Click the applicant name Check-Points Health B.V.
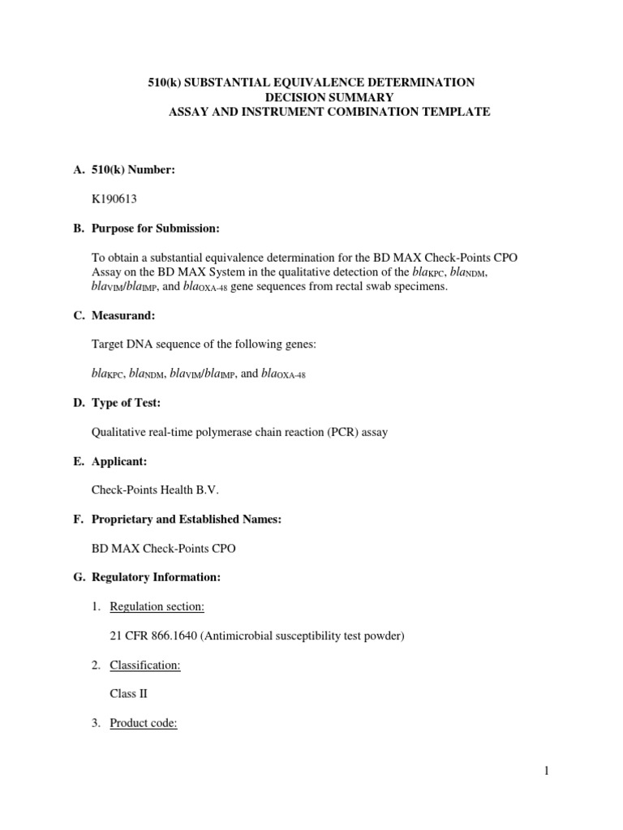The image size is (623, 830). (156, 490)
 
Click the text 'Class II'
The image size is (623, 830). (129, 695)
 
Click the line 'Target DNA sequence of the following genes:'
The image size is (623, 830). (204, 344)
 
